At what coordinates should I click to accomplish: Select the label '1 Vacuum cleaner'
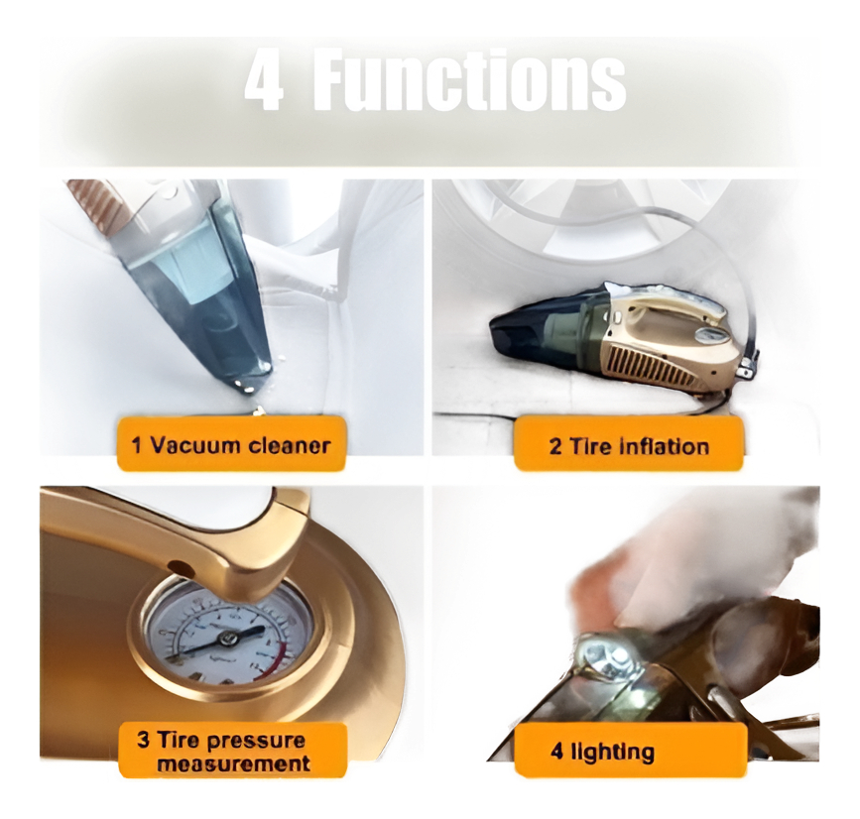coord(231,444)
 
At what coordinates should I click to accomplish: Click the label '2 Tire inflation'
coord(629,446)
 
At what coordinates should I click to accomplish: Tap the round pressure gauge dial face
coord(227,636)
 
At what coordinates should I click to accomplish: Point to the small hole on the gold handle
coord(177,565)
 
